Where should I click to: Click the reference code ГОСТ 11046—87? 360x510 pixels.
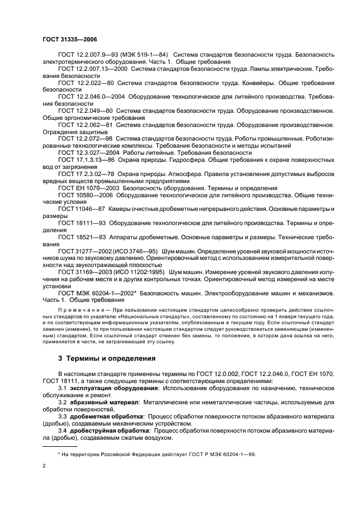[82, 209]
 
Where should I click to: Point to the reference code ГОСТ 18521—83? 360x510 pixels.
[82, 237]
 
